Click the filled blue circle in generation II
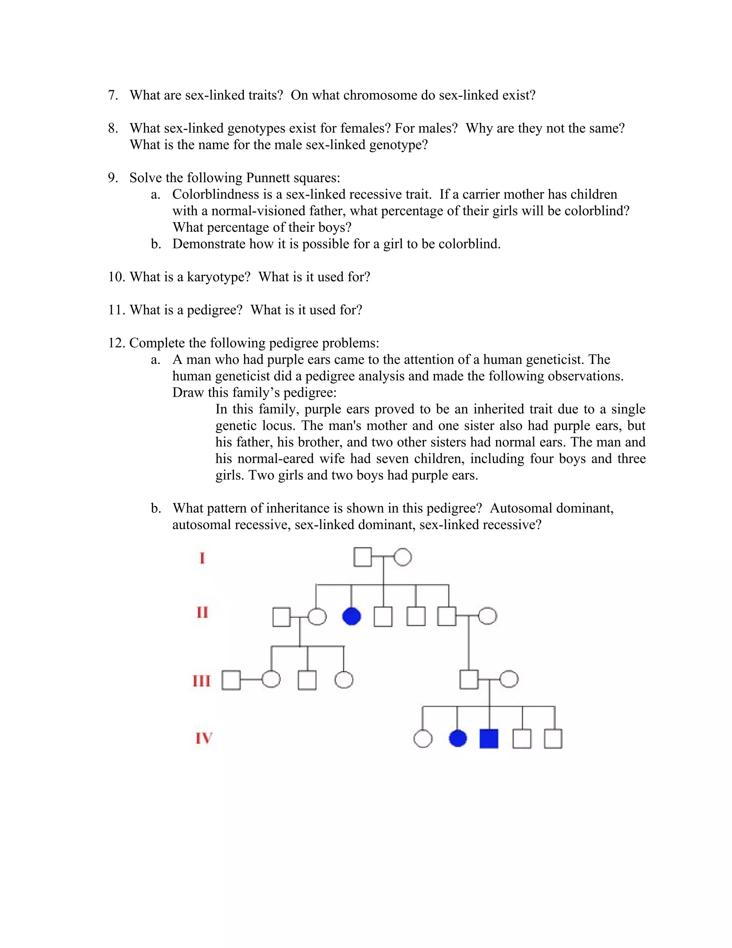(x=351, y=616)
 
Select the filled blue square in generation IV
(x=489, y=739)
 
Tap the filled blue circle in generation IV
(x=457, y=738)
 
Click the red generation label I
(x=202, y=558)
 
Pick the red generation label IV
(x=203, y=738)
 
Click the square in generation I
(x=362, y=557)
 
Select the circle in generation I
(x=402, y=557)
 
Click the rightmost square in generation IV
(x=553, y=739)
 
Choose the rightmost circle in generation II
(x=488, y=616)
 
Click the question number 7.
(x=113, y=95)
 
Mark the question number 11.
(x=116, y=310)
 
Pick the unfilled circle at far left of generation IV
(x=423, y=739)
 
